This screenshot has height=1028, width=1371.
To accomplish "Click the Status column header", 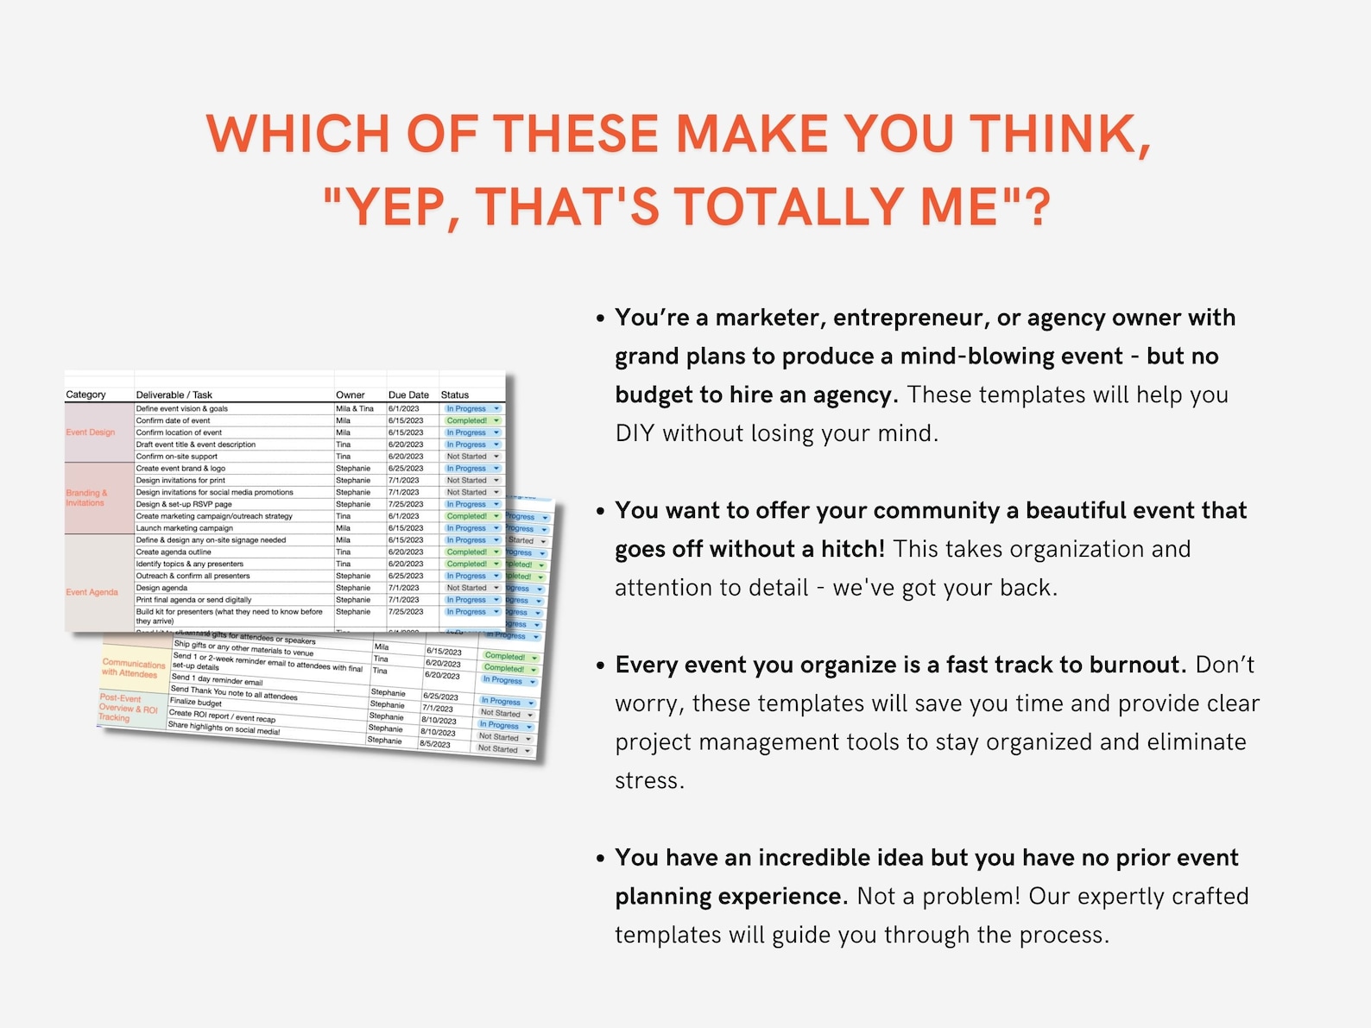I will click(x=455, y=395).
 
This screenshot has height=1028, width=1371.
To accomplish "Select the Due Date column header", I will click(x=408, y=395).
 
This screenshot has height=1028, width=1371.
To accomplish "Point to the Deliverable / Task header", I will click(x=174, y=395).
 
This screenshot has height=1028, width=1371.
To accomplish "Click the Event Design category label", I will click(x=91, y=432).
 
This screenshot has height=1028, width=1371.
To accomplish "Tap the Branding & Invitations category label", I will click(x=86, y=498).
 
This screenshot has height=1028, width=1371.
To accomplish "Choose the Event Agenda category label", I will click(x=92, y=592).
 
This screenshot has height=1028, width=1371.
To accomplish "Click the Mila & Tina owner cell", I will click(x=355, y=409).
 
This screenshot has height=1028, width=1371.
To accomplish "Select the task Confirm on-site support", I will click(x=177, y=457).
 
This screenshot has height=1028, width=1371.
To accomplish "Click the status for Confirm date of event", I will click(x=467, y=421).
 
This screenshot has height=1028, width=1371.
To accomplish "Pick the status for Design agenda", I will click(x=467, y=588).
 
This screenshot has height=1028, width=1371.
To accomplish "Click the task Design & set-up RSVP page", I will click(x=184, y=504).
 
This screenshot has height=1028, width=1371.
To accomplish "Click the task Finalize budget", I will click(x=196, y=703).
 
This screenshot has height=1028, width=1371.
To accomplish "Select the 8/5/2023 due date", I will click(x=435, y=743).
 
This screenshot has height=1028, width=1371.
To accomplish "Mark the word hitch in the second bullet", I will click(x=852, y=549).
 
